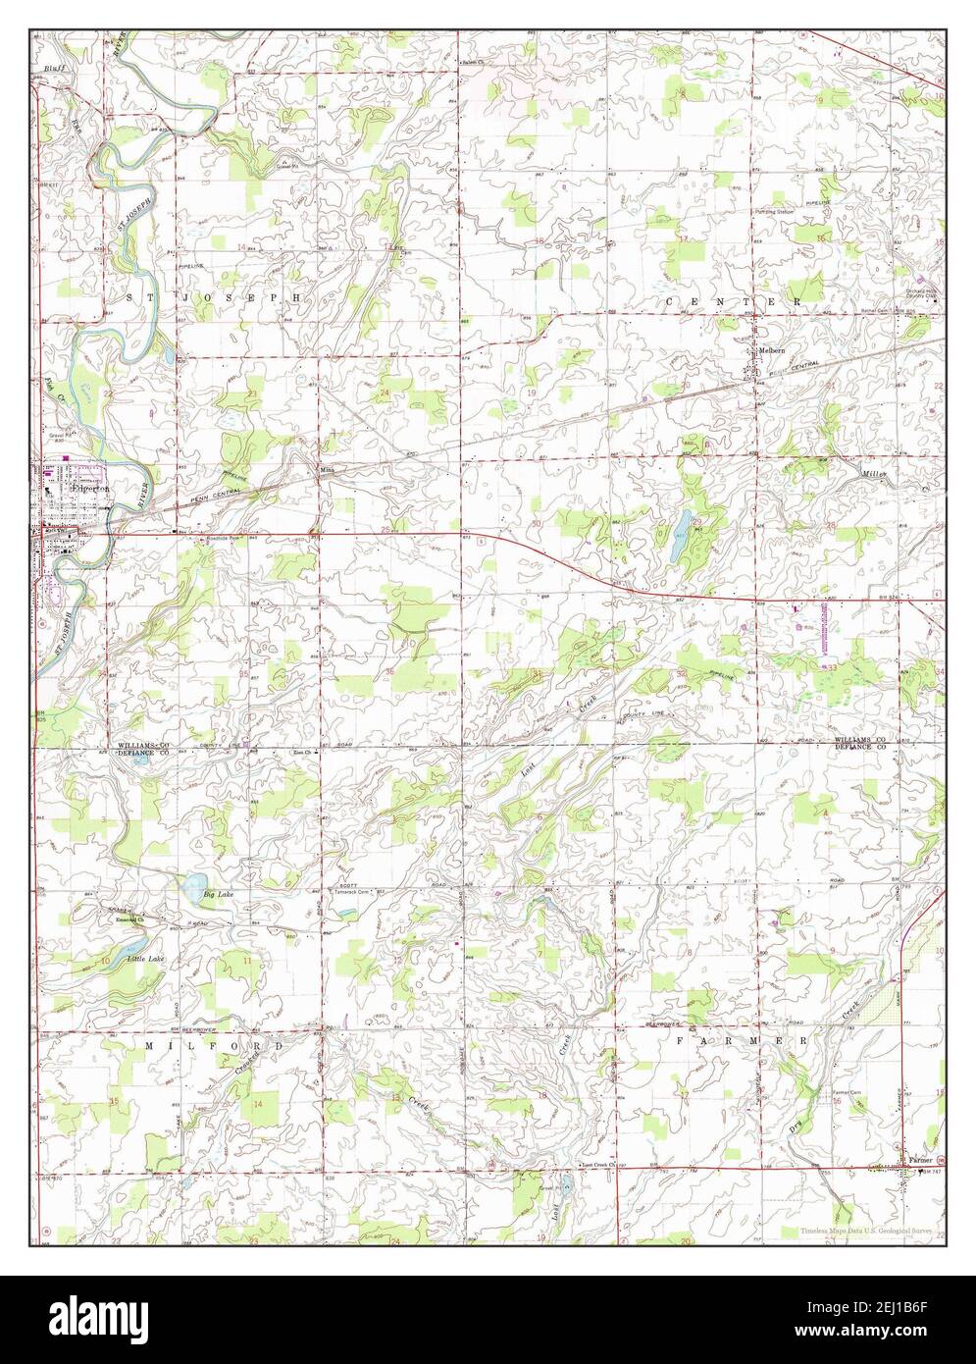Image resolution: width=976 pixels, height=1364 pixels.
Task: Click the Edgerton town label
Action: (x=89, y=487)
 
